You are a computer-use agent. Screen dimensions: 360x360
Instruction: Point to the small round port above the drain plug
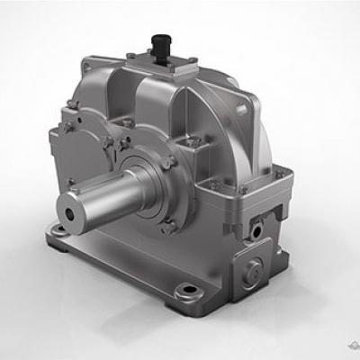pos(258,230)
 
